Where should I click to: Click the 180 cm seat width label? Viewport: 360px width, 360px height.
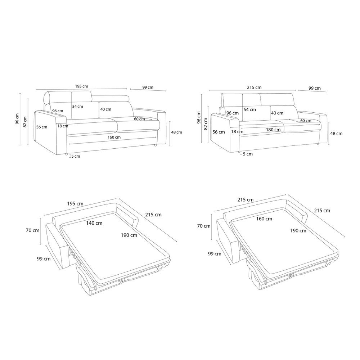[273, 130]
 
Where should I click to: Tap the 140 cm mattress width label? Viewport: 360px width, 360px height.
[94, 223]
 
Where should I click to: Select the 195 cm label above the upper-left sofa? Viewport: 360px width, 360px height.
[81, 86]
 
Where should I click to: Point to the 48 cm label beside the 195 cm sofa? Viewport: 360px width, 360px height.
[176, 132]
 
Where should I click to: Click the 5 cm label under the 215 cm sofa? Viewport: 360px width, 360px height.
[248, 154]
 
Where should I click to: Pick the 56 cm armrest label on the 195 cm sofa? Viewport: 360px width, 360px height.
[42, 127]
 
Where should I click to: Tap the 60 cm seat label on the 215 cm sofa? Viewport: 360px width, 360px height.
[306, 121]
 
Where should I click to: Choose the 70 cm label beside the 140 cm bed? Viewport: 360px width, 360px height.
[33, 230]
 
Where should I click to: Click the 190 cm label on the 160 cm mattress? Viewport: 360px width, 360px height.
[298, 230]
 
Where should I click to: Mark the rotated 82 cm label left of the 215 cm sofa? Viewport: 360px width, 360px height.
[206, 124]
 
